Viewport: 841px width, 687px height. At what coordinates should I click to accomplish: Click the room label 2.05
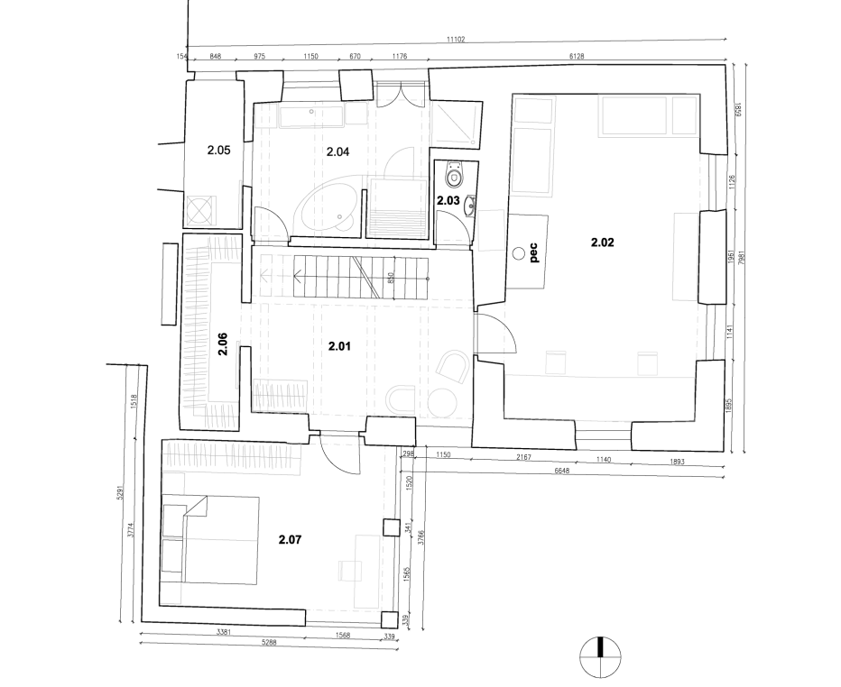[x=219, y=151]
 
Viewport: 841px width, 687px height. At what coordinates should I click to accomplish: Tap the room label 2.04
[x=337, y=151]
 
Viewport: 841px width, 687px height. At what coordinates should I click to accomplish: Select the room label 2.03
[x=448, y=200]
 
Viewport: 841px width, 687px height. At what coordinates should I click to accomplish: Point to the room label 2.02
[x=602, y=242]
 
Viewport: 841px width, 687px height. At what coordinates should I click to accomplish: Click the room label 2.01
[x=339, y=345]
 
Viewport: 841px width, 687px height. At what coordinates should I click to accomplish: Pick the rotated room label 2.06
[x=223, y=346]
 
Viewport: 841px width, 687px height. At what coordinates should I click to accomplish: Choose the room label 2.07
[x=290, y=540]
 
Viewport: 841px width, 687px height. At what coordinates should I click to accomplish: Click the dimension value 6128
[x=577, y=56]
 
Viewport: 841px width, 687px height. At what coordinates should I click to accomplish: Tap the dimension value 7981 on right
[x=741, y=255]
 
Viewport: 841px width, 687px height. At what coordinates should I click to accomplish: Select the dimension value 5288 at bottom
[x=269, y=643]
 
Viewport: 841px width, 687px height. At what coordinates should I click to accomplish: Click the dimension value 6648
[x=560, y=471]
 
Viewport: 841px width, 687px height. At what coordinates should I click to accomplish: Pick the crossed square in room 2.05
[x=199, y=210]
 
